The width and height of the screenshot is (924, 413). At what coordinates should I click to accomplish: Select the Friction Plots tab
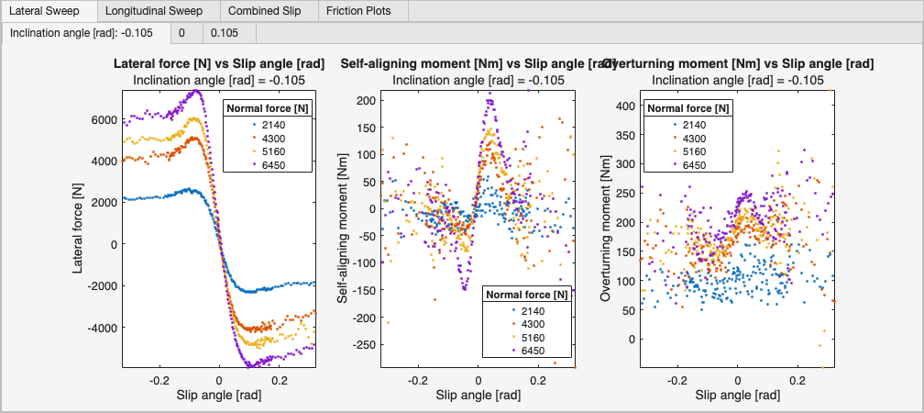[362, 12]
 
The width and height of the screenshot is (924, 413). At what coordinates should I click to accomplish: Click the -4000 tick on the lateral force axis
[100, 328]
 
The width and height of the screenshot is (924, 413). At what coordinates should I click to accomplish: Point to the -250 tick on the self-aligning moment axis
[365, 345]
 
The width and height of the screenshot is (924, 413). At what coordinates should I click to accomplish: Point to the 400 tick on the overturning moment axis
[625, 106]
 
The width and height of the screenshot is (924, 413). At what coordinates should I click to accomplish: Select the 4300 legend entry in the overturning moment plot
[688, 138]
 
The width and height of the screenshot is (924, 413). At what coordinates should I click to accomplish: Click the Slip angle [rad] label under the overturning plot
[738, 396]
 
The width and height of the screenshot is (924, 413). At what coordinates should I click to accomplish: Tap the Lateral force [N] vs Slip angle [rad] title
[219, 64]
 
